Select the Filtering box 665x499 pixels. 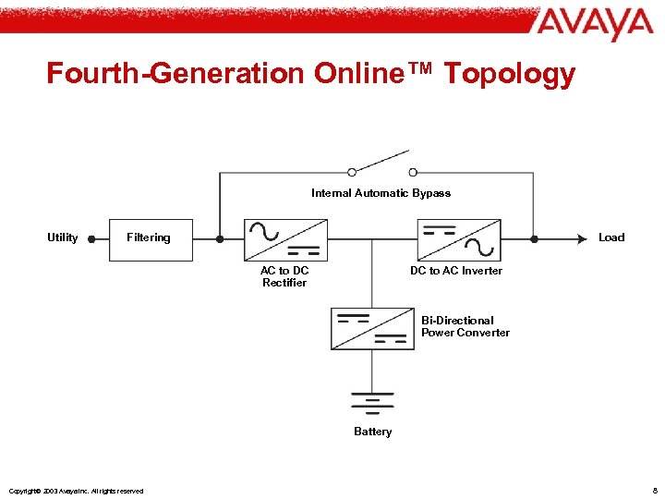pos(149,238)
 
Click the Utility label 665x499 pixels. pos(63,237)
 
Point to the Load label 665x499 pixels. pos(611,237)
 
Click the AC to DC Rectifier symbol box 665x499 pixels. pos(285,239)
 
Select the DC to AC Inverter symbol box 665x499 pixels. pos(459,239)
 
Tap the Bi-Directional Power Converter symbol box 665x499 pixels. pos(372,329)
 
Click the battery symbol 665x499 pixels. pos(372,402)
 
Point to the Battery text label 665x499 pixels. pos(372,432)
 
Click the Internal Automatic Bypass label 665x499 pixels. pos(381,193)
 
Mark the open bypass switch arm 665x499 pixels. pos(381,161)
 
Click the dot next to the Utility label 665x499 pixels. pos(91,238)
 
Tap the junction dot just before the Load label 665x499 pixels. pos(534,238)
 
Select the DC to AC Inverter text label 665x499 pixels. pos(456,271)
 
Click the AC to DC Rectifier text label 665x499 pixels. pos(284,276)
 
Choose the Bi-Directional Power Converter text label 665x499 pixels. pos(465,326)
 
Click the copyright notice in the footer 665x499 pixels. pos(76,491)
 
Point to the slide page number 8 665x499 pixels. pos(654,490)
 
